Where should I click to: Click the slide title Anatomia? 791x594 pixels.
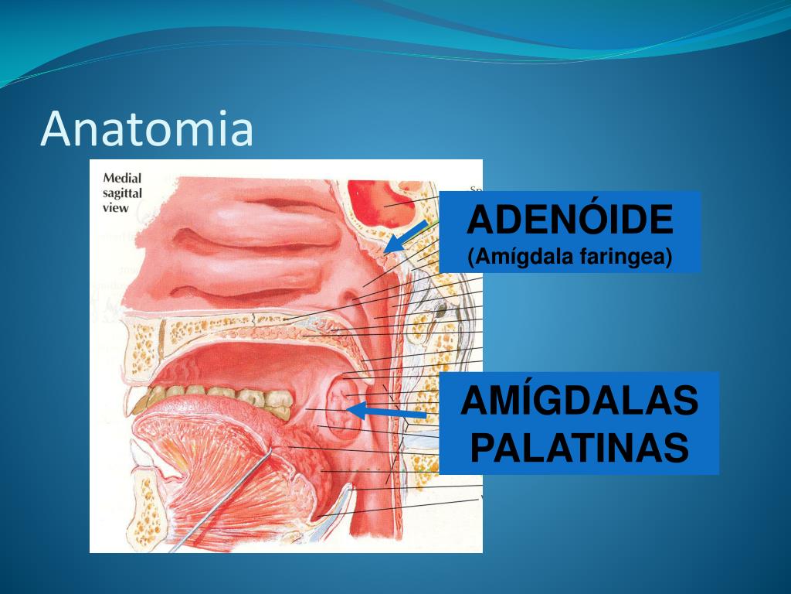[x=147, y=129]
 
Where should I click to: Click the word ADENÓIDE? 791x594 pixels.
[x=570, y=221]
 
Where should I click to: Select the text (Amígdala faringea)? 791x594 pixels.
[x=570, y=257]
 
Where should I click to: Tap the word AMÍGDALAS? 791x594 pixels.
[x=579, y=403]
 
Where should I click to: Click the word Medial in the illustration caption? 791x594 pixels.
[x=122, y=178]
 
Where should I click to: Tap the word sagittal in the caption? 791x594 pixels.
[x=123, y=193]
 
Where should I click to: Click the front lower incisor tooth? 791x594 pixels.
[x=143, y=402]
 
